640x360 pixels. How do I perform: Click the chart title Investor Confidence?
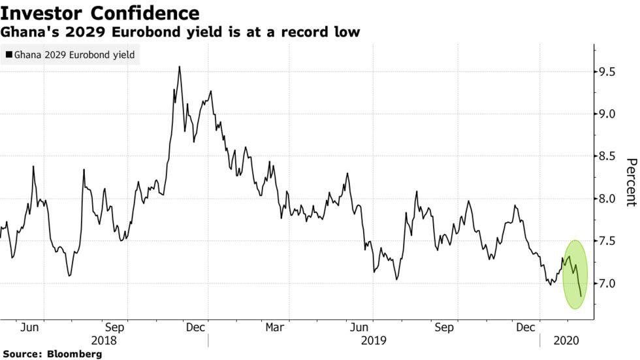[x=100, y=12]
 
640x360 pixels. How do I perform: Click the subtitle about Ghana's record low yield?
[x=180, y=31]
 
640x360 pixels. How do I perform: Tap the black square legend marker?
[x=8, y=56]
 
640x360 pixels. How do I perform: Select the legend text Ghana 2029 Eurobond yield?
[x=74, y=56]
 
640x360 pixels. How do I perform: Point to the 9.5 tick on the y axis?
[x=608, y=72]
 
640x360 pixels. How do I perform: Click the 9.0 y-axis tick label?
[x=608, y=114]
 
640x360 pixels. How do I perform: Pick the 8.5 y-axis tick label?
[x=608, y=157]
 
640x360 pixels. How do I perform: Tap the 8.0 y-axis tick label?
[x=608, y=199]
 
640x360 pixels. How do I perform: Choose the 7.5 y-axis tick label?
[x=608, y=242]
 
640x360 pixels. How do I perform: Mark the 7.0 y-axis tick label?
[x=608, y=284]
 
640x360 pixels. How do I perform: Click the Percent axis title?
[x=630, y=182]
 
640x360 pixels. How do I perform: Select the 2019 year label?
[x=373, y=340]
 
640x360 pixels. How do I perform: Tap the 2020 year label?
[x=566, y=340]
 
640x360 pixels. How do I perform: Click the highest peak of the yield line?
[x=179, y=67]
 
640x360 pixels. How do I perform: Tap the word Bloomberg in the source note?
[x=74, y=354]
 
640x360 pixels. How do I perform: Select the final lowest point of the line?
[x=581, y=296]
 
